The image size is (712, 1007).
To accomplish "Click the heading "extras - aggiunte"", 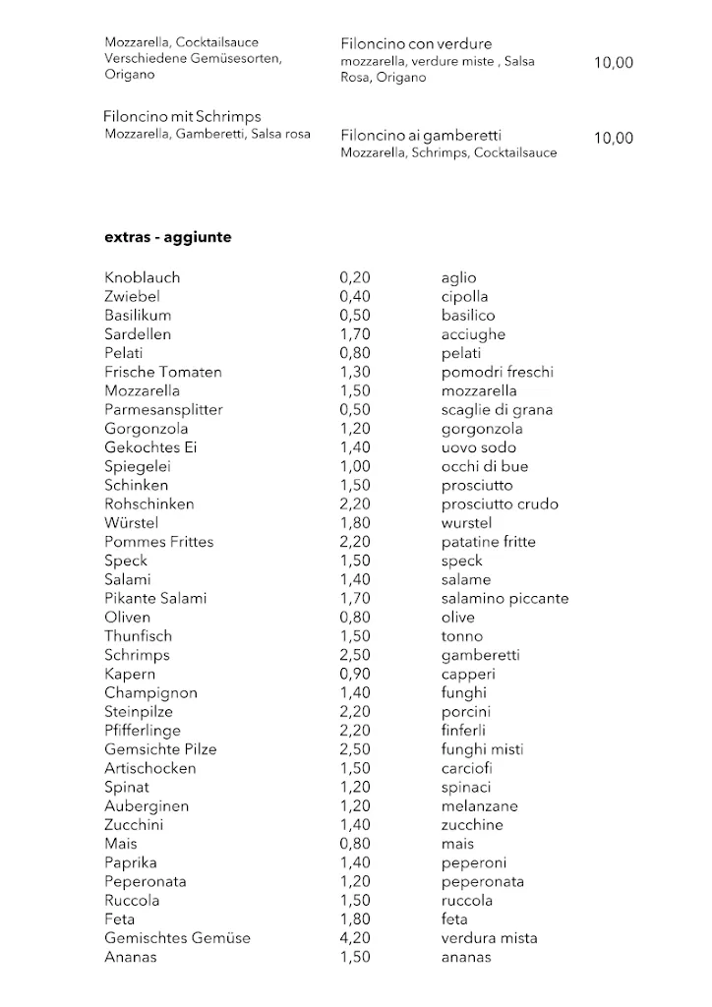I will point(168,237).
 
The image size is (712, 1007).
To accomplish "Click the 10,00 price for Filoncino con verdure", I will point(614,63).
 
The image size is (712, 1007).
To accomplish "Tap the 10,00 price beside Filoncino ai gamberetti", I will point(614,139).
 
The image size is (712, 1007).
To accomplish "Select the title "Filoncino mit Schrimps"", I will point(182,117).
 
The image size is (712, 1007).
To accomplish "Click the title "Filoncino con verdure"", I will point(416,44).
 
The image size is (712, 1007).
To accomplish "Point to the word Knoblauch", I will point(143,278).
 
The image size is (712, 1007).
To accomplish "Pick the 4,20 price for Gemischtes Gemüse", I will point(355,938).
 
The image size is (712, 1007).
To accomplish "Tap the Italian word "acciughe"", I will point(473,334).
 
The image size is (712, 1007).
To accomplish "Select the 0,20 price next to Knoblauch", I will point(355,278).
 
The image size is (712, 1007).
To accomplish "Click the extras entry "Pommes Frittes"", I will point(159,542).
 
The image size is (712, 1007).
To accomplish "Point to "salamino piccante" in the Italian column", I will point(504,598).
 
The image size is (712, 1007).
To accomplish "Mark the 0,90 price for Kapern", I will point(355,674).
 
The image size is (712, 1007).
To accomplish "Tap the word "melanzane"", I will point(479,805).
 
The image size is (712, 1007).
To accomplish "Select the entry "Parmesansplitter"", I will point(163,410).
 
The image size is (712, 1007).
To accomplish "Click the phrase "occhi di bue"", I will point(485,466).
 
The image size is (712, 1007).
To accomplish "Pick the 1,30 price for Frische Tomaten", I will point(355,372).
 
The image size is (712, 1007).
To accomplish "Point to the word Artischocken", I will point(150,768).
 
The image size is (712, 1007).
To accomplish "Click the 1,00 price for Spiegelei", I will point(355,466).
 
